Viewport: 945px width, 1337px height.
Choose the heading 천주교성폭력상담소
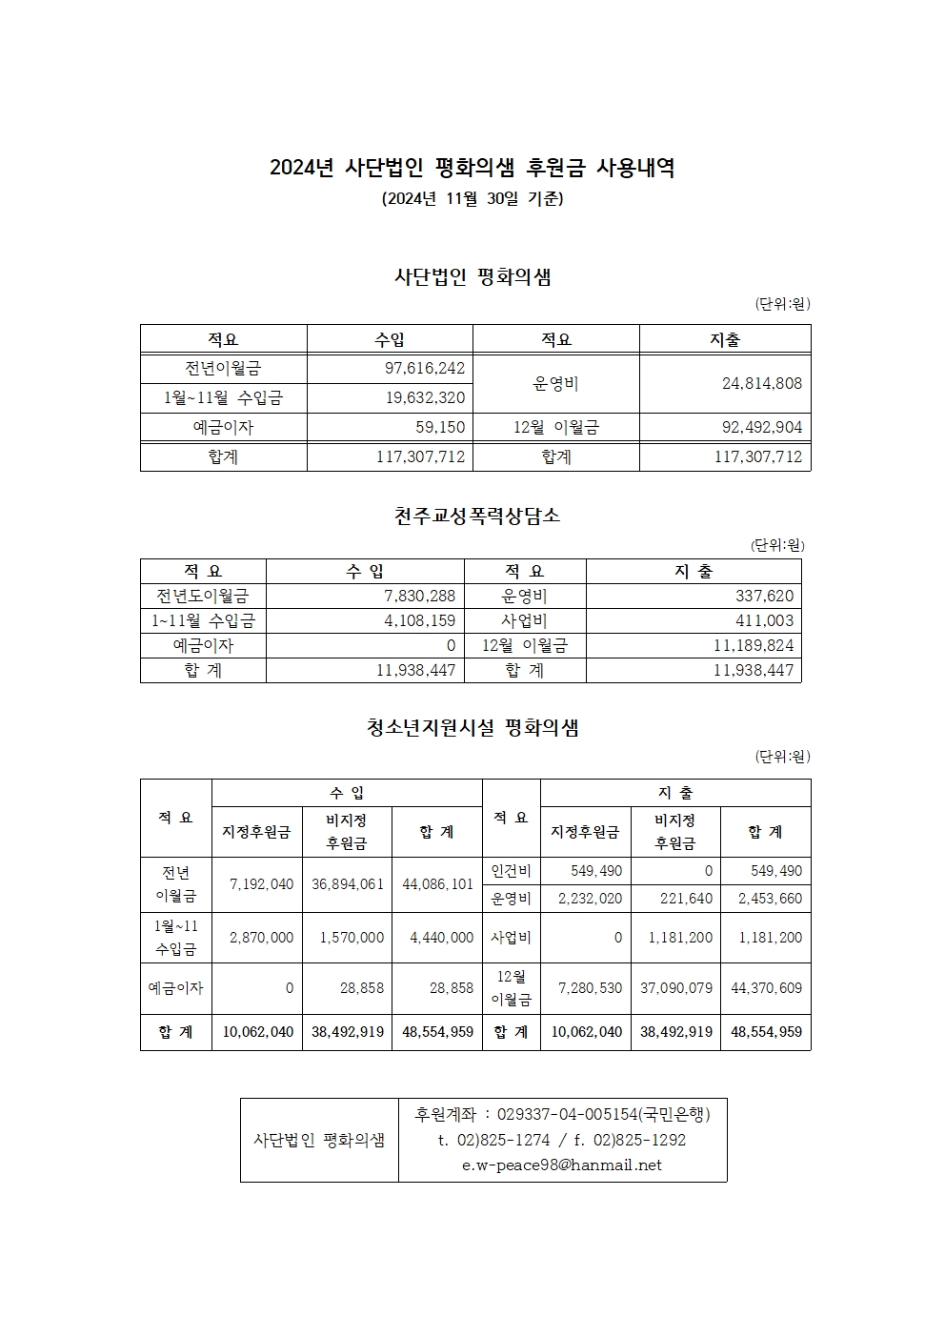(x=477, y=517)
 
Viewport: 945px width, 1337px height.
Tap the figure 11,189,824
(x=753, y=646)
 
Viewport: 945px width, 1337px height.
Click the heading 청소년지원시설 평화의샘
(x=473, y=729)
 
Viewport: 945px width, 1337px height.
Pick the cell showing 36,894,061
(x=348, y=884)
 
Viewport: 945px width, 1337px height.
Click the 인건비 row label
(x=512, y=871)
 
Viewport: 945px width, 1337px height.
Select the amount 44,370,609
(x=766, y=988)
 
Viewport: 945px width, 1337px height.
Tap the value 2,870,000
(x=261, y=938)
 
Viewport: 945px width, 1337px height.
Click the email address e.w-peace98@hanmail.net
(x=561, y=1165)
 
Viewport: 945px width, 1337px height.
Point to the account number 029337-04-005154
(x=566, y=1114)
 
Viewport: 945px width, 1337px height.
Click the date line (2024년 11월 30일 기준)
(x=472, y=200)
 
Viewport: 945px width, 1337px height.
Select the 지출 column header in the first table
(x=725, y=339)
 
